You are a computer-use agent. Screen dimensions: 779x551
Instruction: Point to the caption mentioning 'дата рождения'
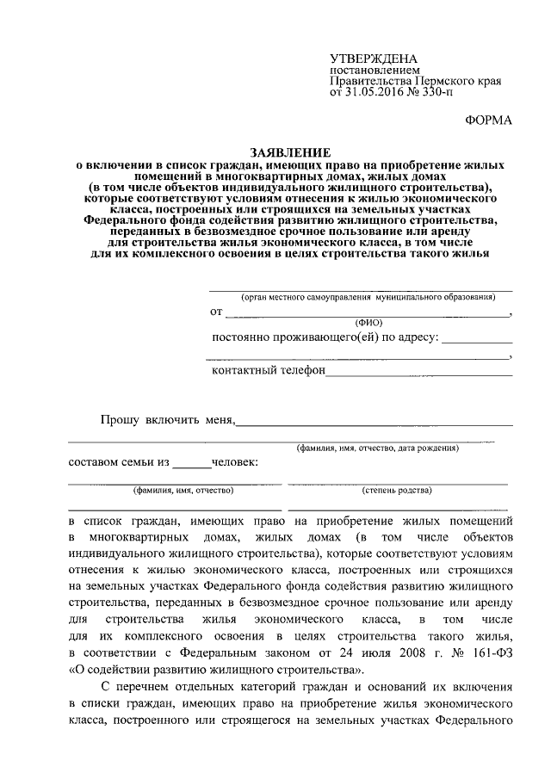377,448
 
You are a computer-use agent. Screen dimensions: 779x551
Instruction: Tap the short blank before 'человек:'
191,467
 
